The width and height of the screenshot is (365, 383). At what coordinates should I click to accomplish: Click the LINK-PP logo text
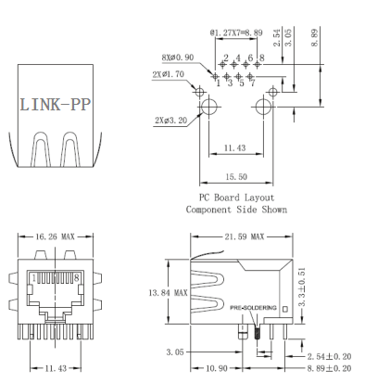pyautogui.click(x=56, y=105)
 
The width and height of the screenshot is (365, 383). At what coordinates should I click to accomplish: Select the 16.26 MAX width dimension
pyautogui.click(x=55, y=236)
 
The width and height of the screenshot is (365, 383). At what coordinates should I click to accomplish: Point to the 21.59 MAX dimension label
pyautogui.click(x=245, y=236)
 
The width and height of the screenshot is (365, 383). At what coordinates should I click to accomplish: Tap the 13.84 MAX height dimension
pyautogui.click(x=168, y=292)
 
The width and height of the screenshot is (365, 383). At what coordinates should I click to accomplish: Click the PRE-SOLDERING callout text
pyautogui.click(x=253, y=308)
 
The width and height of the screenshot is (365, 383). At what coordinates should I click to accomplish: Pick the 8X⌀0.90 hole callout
pyautogui.click(x=178, y=57)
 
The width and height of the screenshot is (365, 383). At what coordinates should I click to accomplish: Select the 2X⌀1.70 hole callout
pyautogui.click(x=168, y=74)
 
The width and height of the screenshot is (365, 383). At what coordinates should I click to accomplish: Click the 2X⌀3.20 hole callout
pyautogui.click(x=171, y=121)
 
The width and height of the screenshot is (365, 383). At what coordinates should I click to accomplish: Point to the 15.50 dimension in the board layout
pyautogui.click(x=236, y=177)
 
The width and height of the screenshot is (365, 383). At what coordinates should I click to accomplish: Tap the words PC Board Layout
pyautogui.click(x=236, y=198)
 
